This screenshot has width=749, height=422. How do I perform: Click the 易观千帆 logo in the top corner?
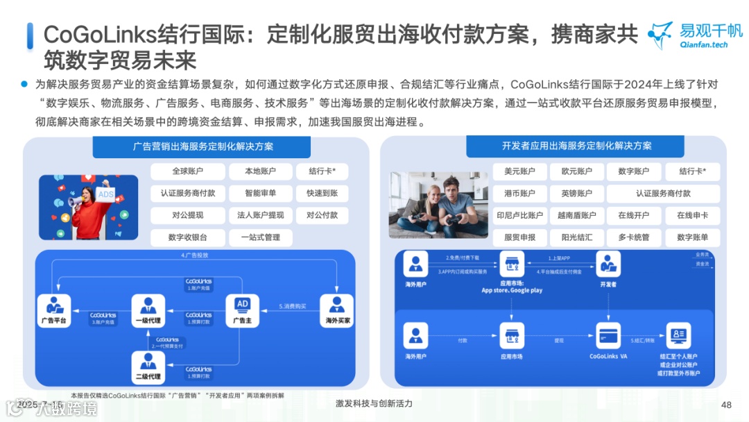click(694, 35)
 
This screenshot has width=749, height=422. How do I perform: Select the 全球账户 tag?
click(188, 171)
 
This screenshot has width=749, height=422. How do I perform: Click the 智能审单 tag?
click(260, 194)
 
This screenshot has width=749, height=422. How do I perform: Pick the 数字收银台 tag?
click(188, 237)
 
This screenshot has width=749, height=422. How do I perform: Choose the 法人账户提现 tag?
click(260, 215)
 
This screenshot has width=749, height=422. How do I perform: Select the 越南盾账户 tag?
click(576, 215)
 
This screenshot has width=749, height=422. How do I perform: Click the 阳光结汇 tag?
click(576, 237)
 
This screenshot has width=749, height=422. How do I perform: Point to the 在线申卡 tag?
click(692, 215)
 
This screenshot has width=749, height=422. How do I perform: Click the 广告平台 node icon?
click(53, 305)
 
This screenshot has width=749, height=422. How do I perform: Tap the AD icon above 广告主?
click(242, 305)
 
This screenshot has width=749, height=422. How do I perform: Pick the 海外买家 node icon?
click(336, 305)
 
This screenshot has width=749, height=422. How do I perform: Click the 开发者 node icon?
click(608, 264)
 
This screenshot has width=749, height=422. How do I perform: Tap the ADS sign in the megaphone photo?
click(105, 195)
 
